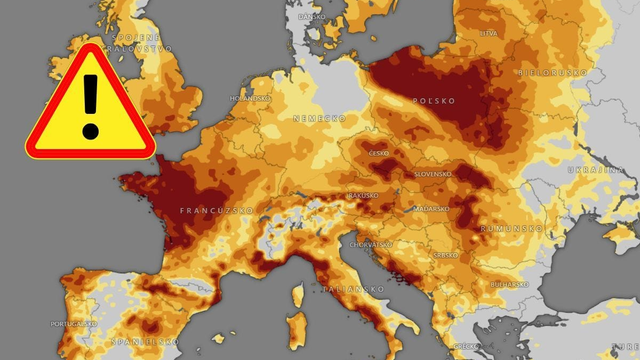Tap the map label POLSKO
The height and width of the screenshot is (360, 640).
(435, 101)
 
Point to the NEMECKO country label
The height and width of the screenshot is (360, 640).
(312, 118)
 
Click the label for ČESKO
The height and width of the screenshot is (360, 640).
(378, 153)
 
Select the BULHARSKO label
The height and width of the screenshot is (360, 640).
(511, 285)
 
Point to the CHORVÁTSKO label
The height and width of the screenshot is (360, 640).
(369, 243)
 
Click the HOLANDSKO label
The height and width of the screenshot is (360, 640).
(250, 99)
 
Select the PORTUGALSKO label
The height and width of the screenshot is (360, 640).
(76, 323)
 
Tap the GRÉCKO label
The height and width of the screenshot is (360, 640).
(470, 351)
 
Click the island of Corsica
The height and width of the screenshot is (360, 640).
(297, 297)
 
